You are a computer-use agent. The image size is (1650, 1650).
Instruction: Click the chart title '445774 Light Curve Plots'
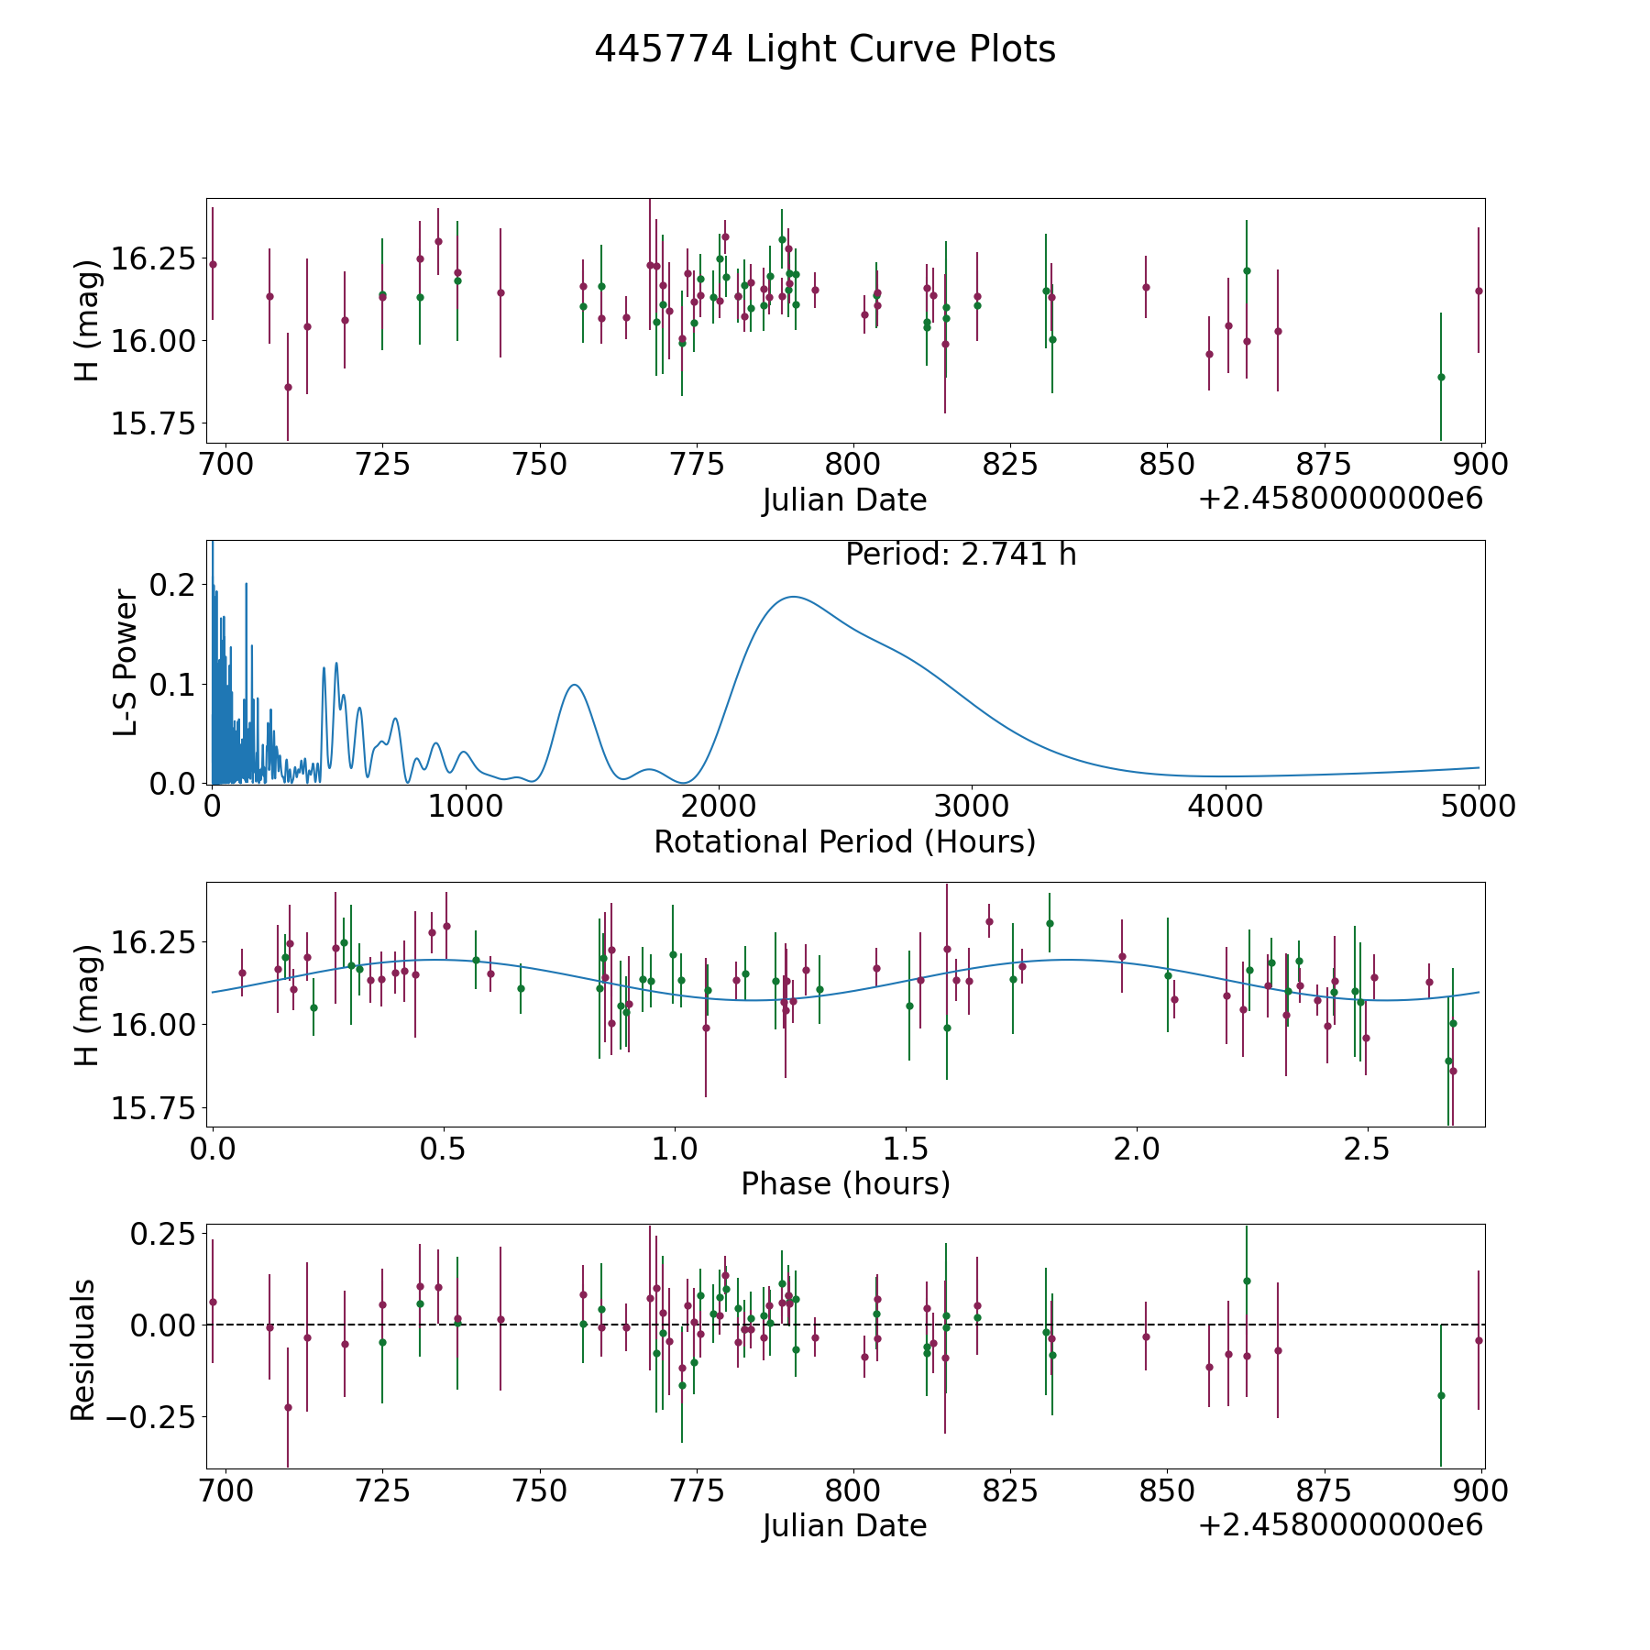pos(825,49)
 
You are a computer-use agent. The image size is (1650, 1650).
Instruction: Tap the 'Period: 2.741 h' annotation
pos(961,555)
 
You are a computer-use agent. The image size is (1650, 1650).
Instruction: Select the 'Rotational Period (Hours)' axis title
pos(844,841)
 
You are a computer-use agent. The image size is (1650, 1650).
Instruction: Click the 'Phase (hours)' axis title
pos(845,1183)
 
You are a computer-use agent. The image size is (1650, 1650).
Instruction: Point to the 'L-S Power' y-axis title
pos(126,663)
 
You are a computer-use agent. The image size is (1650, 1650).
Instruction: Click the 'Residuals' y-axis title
pos(83,1349)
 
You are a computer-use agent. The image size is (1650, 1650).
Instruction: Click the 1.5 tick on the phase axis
pos(906,1149)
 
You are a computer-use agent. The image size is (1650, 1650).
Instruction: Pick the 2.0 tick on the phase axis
pos(1137,1149)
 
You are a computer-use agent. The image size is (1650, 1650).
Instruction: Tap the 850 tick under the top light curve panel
pos(1166,465)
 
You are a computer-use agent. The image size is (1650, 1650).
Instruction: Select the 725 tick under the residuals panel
pos(382,1490)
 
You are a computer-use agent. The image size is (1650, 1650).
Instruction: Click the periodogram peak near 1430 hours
pos(574,685)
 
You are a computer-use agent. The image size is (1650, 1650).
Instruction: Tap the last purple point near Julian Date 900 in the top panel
pos(1478,291)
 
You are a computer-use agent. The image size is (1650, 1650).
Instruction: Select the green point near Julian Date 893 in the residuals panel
pos(1441,1395)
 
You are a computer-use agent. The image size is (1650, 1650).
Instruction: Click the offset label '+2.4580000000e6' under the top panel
pos(1340,500)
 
